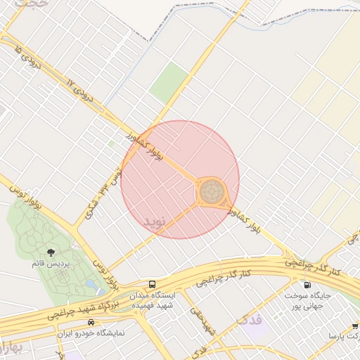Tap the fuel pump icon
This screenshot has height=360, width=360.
pos(307,285)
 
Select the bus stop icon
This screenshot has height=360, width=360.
pos(153,285)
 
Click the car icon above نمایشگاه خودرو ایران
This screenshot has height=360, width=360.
pos(91,322)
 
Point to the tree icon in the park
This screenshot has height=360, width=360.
pos(51,252)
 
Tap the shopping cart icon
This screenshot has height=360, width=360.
pos(353,326)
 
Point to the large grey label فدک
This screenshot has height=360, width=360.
pos(249,321)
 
